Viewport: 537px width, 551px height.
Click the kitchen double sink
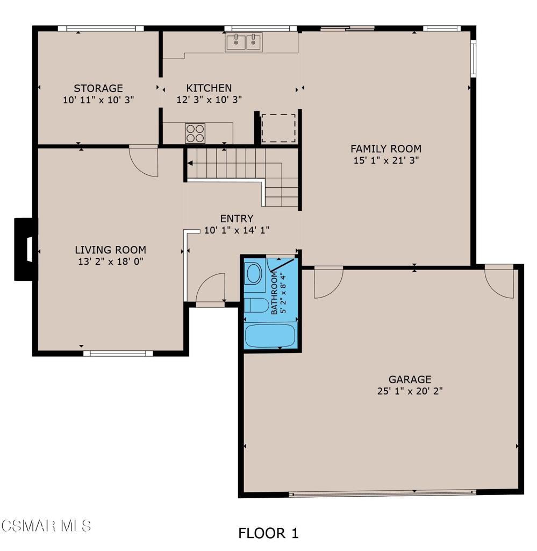pyautogui.click(x=244, y=42)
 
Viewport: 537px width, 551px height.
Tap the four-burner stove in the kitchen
pyautogui.click(x=195, y=133)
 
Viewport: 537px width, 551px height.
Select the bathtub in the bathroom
pyautogui.click(x=270, y=336)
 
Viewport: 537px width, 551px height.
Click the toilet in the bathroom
pyautogui.click(x=256, y=304)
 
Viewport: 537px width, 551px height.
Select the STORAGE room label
pyautogui.click(x=98, y=88)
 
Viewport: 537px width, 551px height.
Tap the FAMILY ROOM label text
pyautogui.click(x=385, y=149)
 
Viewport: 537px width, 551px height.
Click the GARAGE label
pyautogui.click(x=410, y=379)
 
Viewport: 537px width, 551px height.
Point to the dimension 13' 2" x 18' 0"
pyautogui.click(x=110, y=262)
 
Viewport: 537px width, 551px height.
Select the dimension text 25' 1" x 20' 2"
pyautogui.click(x=410, y=391)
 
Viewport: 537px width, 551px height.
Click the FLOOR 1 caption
pyautogui.click(x=268, y=533)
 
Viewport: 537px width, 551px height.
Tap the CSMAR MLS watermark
pyautogui.click(x=46, y=525)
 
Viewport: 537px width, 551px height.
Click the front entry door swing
pyautogui.click(x=211, y=289)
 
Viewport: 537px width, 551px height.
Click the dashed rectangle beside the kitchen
pyautogui.click(x=278, y=128)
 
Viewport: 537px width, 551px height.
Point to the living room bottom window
pyautogui.click(x=118, y=354)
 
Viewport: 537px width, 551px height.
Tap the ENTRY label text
pyautogui.click(x=237, y=218)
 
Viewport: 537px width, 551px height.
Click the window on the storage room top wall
pyautogui.click(x=101, y=29)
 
